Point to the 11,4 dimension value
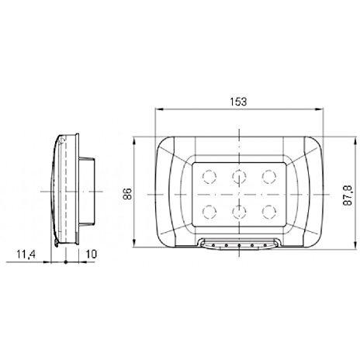pyautogui.click(x=27, y=253)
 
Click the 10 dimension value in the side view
pyautogui.click(x=90, y=253)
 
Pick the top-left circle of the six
pyautogui.click(x=208, y=175)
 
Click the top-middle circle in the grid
pyautogui.click(x=238, y=175)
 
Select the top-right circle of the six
pyautogui.click(x=268, y=175)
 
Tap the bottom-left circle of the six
pyautogui.click(x=208, y=209)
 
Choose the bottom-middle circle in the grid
pyautogui.click(x=238, y=209)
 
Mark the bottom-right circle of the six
pyautogui.click(x=268, y=209)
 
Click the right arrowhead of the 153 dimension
pyautogui.click(x=320, y=110)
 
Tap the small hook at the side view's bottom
pyautogui.click(x=58, y=245)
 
